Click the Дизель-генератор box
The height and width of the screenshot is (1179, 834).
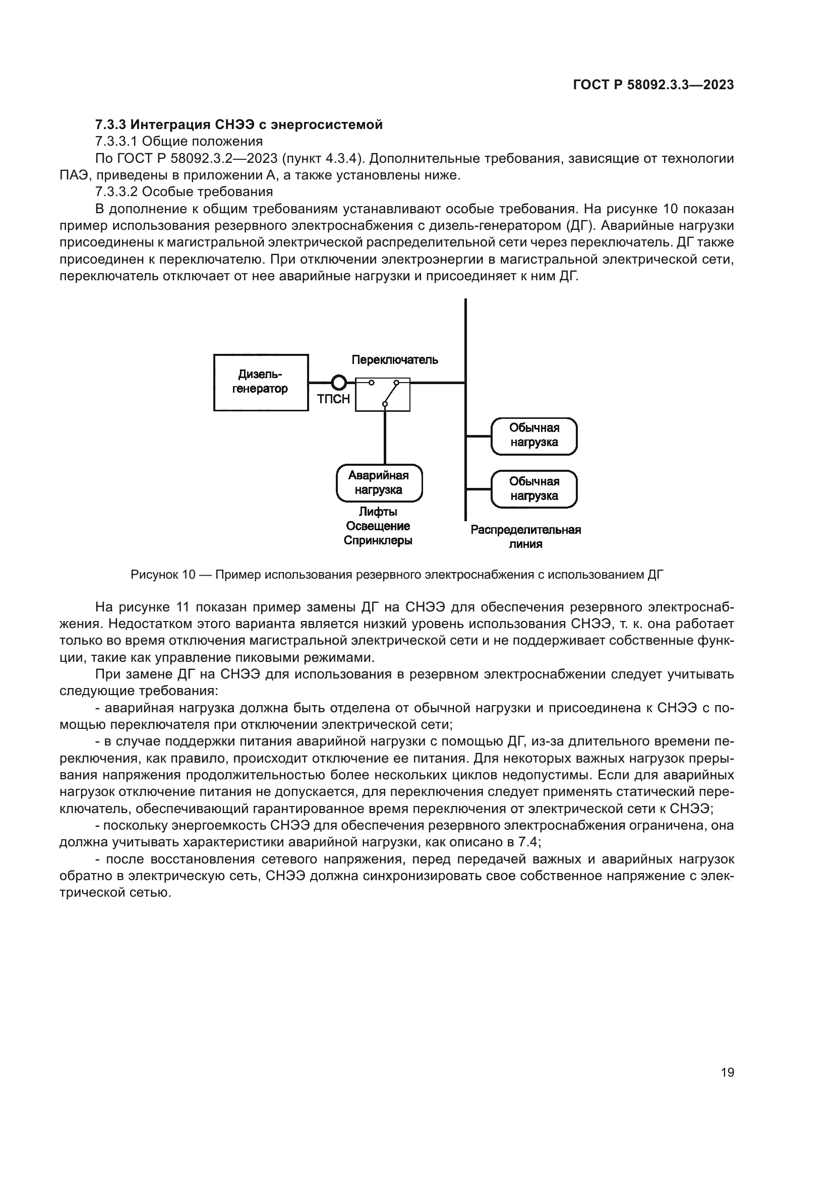(260, 382)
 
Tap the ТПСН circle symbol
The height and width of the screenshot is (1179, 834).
(339, 383)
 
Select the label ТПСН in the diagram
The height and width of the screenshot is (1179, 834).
(333, 399)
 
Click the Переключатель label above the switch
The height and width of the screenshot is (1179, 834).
(394, 360)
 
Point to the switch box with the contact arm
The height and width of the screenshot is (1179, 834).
(383, 394)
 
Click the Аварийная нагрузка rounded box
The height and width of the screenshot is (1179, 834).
(379, 483)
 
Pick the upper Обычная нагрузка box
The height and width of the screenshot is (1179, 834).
(534, 436)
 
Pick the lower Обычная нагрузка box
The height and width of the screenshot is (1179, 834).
(534, 489)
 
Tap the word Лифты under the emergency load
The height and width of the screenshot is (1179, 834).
(378, 512)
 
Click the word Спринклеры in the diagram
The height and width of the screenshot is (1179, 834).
(378, 541)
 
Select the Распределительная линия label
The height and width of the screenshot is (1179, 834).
(525, 537)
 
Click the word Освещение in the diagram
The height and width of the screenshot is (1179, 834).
(378, 526)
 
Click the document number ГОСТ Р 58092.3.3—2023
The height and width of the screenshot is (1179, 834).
(653, 85)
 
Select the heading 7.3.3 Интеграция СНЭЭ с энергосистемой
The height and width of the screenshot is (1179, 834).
(239, 125)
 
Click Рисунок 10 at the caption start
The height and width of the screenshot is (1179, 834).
(163, 575)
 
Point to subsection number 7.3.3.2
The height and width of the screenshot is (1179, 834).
(116, 192)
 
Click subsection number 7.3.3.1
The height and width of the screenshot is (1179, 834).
(116, 142)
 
